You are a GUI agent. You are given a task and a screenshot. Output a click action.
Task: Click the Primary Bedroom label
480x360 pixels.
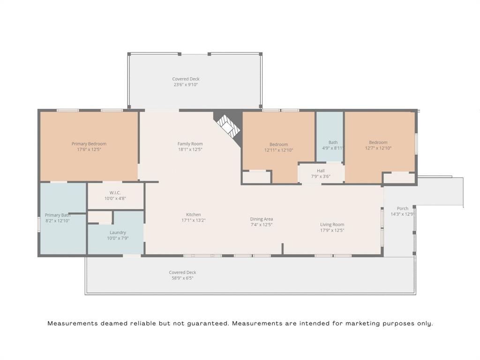89,144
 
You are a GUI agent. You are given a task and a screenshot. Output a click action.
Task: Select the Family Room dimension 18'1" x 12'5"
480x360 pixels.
190,150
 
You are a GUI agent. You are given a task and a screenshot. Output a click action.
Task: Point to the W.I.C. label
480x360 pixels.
115,193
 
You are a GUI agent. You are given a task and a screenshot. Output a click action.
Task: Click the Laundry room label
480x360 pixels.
118,232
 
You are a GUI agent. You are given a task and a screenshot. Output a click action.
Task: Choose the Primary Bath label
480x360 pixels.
57,215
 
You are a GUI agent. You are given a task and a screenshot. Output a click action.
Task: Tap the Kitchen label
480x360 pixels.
193,215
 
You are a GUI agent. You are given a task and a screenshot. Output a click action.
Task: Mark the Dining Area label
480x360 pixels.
261,219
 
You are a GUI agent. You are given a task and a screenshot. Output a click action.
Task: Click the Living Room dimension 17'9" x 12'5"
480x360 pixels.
332,230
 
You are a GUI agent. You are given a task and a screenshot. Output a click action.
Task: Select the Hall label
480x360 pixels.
321,171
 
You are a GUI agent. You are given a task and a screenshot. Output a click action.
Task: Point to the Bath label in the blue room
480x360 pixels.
333,142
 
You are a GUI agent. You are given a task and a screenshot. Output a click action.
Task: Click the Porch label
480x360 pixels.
402,209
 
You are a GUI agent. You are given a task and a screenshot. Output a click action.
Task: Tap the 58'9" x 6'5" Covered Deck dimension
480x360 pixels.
182,278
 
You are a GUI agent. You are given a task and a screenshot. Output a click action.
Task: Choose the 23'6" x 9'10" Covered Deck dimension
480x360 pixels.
186,85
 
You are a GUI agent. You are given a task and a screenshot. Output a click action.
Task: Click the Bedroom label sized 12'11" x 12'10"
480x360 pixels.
278,144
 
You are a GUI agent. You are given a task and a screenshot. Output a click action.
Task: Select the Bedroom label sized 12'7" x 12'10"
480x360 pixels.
378,142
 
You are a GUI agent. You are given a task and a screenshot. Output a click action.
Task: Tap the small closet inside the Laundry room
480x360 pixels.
100,217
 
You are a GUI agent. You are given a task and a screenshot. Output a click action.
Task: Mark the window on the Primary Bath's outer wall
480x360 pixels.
39,223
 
